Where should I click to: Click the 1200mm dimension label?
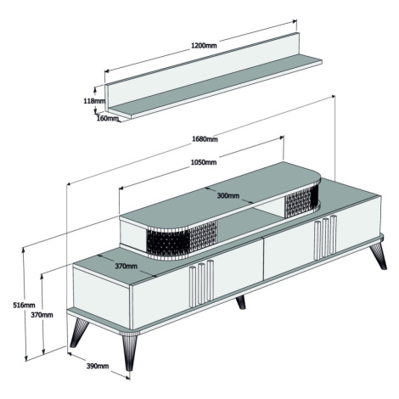(204, 45)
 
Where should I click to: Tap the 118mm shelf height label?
(94, 101)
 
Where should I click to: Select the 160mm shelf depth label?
(108, 118)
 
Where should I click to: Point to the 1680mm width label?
(205, 139)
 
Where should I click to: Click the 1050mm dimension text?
(204, 162)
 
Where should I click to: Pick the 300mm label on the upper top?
(228, 195)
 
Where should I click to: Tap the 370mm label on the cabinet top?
(126, 267)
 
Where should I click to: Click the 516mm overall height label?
(24, 305)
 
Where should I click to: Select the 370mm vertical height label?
(42, 315)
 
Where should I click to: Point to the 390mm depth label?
(98, 366)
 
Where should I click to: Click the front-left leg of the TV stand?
(129, 351)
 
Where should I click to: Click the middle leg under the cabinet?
(241, 302)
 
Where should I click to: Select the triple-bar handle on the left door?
(201, 283)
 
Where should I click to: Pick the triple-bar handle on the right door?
(325, 238)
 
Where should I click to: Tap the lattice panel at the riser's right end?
(302, 199)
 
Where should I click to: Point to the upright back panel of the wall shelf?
(202, 70)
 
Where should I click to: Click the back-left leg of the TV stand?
(78, 333)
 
